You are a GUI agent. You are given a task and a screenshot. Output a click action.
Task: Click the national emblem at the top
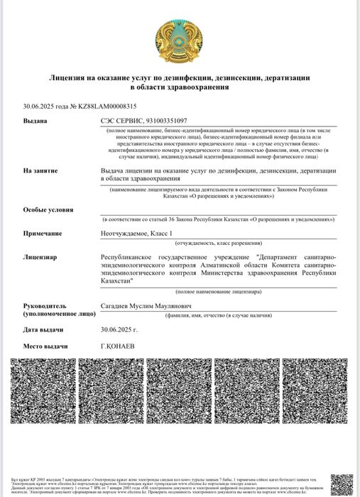[179, 41]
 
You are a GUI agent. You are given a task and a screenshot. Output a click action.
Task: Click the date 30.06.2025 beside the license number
[40, 106]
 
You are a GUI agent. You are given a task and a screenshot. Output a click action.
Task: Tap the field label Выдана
[35, 121]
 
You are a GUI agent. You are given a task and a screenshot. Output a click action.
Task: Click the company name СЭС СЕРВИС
[121, 121]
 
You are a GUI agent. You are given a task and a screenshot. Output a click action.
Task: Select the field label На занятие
[40, 171]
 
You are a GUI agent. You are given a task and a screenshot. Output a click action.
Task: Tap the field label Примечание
[42, 233]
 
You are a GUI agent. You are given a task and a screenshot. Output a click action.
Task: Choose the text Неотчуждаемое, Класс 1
[137, 233]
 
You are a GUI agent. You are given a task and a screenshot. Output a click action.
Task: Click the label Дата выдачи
[44, 329]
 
